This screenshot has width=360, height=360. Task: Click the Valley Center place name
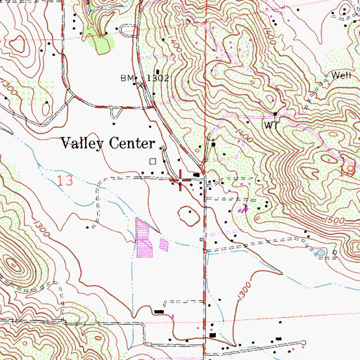(x=108, y=143)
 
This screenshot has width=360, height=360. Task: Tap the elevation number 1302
(x=158, y=78)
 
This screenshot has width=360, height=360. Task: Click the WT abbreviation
(x=272, y=124)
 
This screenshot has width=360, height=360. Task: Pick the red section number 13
(x=65, y=181)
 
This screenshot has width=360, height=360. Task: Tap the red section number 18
(x=347, y=170)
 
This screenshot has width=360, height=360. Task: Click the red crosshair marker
(x=182, y=181)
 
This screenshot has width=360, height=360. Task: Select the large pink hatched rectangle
(x=143, y=237)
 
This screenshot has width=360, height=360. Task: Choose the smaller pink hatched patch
(x=164, y=245)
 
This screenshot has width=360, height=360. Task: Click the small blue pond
(x=321, y=252)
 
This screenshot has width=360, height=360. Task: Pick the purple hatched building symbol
(x=243, y=208)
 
